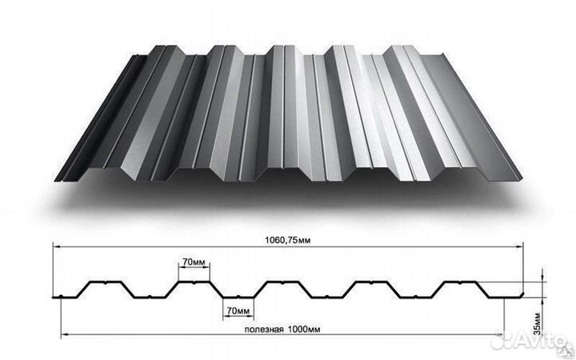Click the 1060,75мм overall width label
[x=288, y=241]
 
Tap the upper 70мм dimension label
[x=194, y=262]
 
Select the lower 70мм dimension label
[x=238, y=310]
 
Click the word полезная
[x=264, y=329]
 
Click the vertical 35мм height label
[x=537, y=324]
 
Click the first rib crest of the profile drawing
[x=106, y=282]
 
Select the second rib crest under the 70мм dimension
[x=194, y=282]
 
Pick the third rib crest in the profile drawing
[x=282, y=282]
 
